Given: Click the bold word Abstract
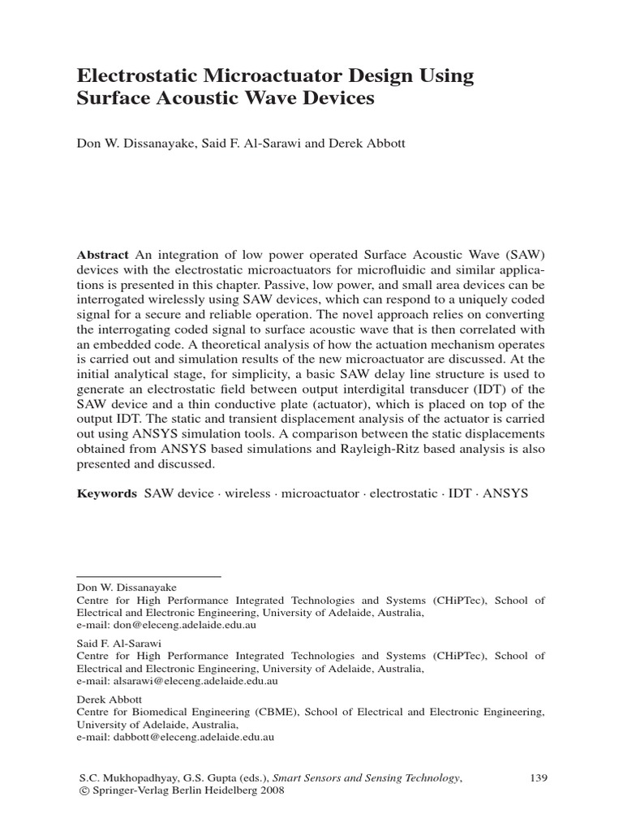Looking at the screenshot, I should point(103,253).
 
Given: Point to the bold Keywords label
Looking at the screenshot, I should point(107,493).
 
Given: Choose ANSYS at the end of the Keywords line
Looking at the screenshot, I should point(505,493).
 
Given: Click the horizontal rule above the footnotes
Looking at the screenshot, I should point(148,576).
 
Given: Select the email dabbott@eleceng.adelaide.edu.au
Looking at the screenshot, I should point(175,738).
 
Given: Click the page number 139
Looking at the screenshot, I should point(539,777).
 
